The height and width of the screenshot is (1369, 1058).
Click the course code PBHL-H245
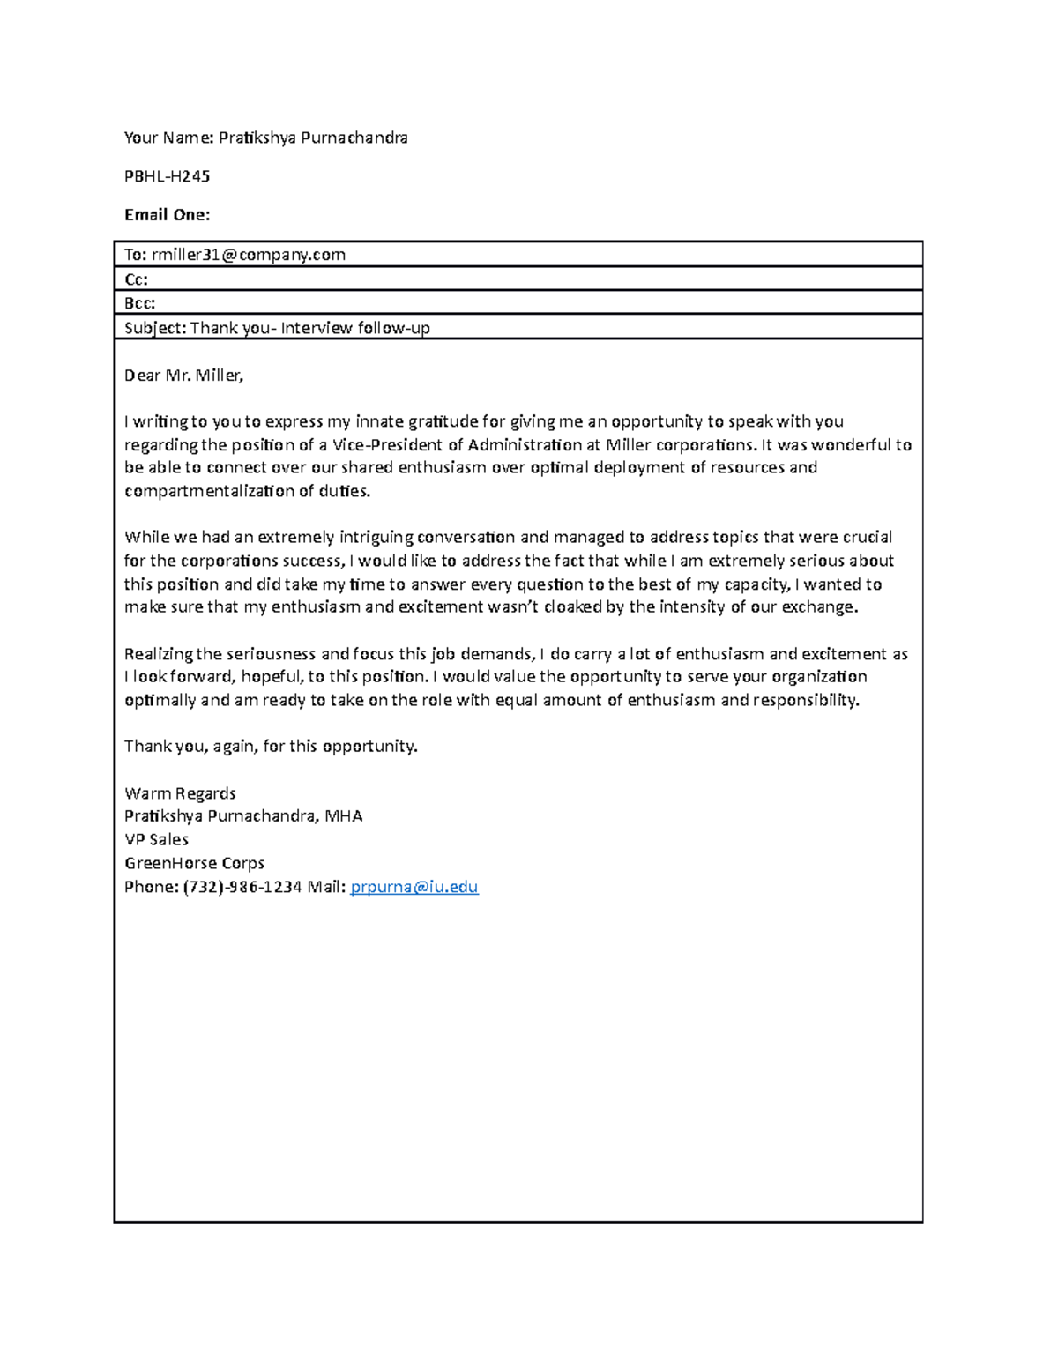(x=167, y=176)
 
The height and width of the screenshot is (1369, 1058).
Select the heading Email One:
(x=167, y=215)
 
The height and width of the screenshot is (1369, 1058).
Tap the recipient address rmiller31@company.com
(x=248, y=255)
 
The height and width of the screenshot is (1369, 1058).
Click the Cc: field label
(x=136, y=279)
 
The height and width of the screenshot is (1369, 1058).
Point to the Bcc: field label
(x=139, y=303)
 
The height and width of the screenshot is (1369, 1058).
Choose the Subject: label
(x=155, y=329)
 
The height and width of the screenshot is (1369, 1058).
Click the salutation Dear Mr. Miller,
(x=183, y=376)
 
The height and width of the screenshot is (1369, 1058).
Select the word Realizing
(x=158, y=654)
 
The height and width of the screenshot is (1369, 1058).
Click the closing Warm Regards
(x=180, y=793)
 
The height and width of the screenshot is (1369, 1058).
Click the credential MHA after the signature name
(x=343, y=816)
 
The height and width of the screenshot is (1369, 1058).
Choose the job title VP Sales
(x=156, y=839)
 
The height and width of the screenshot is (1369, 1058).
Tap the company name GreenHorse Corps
(x=194, y=863)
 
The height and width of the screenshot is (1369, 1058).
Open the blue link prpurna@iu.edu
(x=414, y=887)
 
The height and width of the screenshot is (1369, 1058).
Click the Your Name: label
(x=168, y=138)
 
